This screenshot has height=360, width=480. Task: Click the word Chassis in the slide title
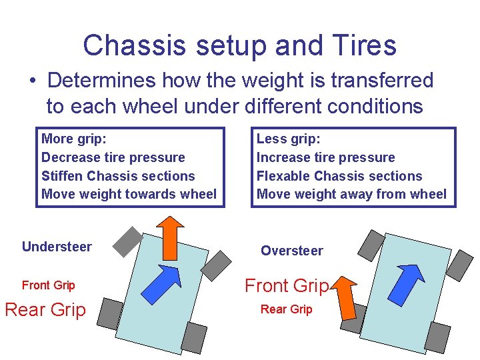click(125, 45)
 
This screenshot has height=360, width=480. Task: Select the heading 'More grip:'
click(74, 139)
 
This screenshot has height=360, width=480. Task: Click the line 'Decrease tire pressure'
click(113, 157)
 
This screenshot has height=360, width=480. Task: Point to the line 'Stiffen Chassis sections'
click(118, 176)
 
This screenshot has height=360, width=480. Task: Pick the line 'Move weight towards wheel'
click(129, 194)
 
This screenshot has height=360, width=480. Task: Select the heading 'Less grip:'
click(289, 139)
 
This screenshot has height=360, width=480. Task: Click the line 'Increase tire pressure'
click(326, 157)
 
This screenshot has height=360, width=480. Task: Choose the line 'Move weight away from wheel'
click(351, 194)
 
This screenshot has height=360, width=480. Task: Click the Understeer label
click(57, 247)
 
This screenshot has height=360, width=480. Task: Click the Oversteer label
click(292, 251)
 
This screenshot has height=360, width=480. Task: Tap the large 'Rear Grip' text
click(45, 310)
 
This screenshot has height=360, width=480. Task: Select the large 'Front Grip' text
click(287, 286)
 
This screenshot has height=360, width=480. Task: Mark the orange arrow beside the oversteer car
click(345, 297)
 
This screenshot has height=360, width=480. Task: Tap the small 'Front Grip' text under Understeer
click(48, 285)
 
